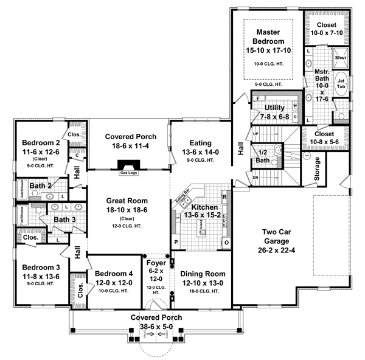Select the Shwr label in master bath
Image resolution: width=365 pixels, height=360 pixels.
click(340, 58)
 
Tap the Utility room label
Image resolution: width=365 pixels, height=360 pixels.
click(275, 107)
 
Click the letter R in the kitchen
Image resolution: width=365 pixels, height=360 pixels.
click(224, 197)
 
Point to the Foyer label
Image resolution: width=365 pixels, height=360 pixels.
click(156, 263)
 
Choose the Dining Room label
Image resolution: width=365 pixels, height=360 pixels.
click(203, 274)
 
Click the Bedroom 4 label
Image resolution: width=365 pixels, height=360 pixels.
click(115, 274)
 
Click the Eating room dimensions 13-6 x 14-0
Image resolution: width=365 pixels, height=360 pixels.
click(200, 153)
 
